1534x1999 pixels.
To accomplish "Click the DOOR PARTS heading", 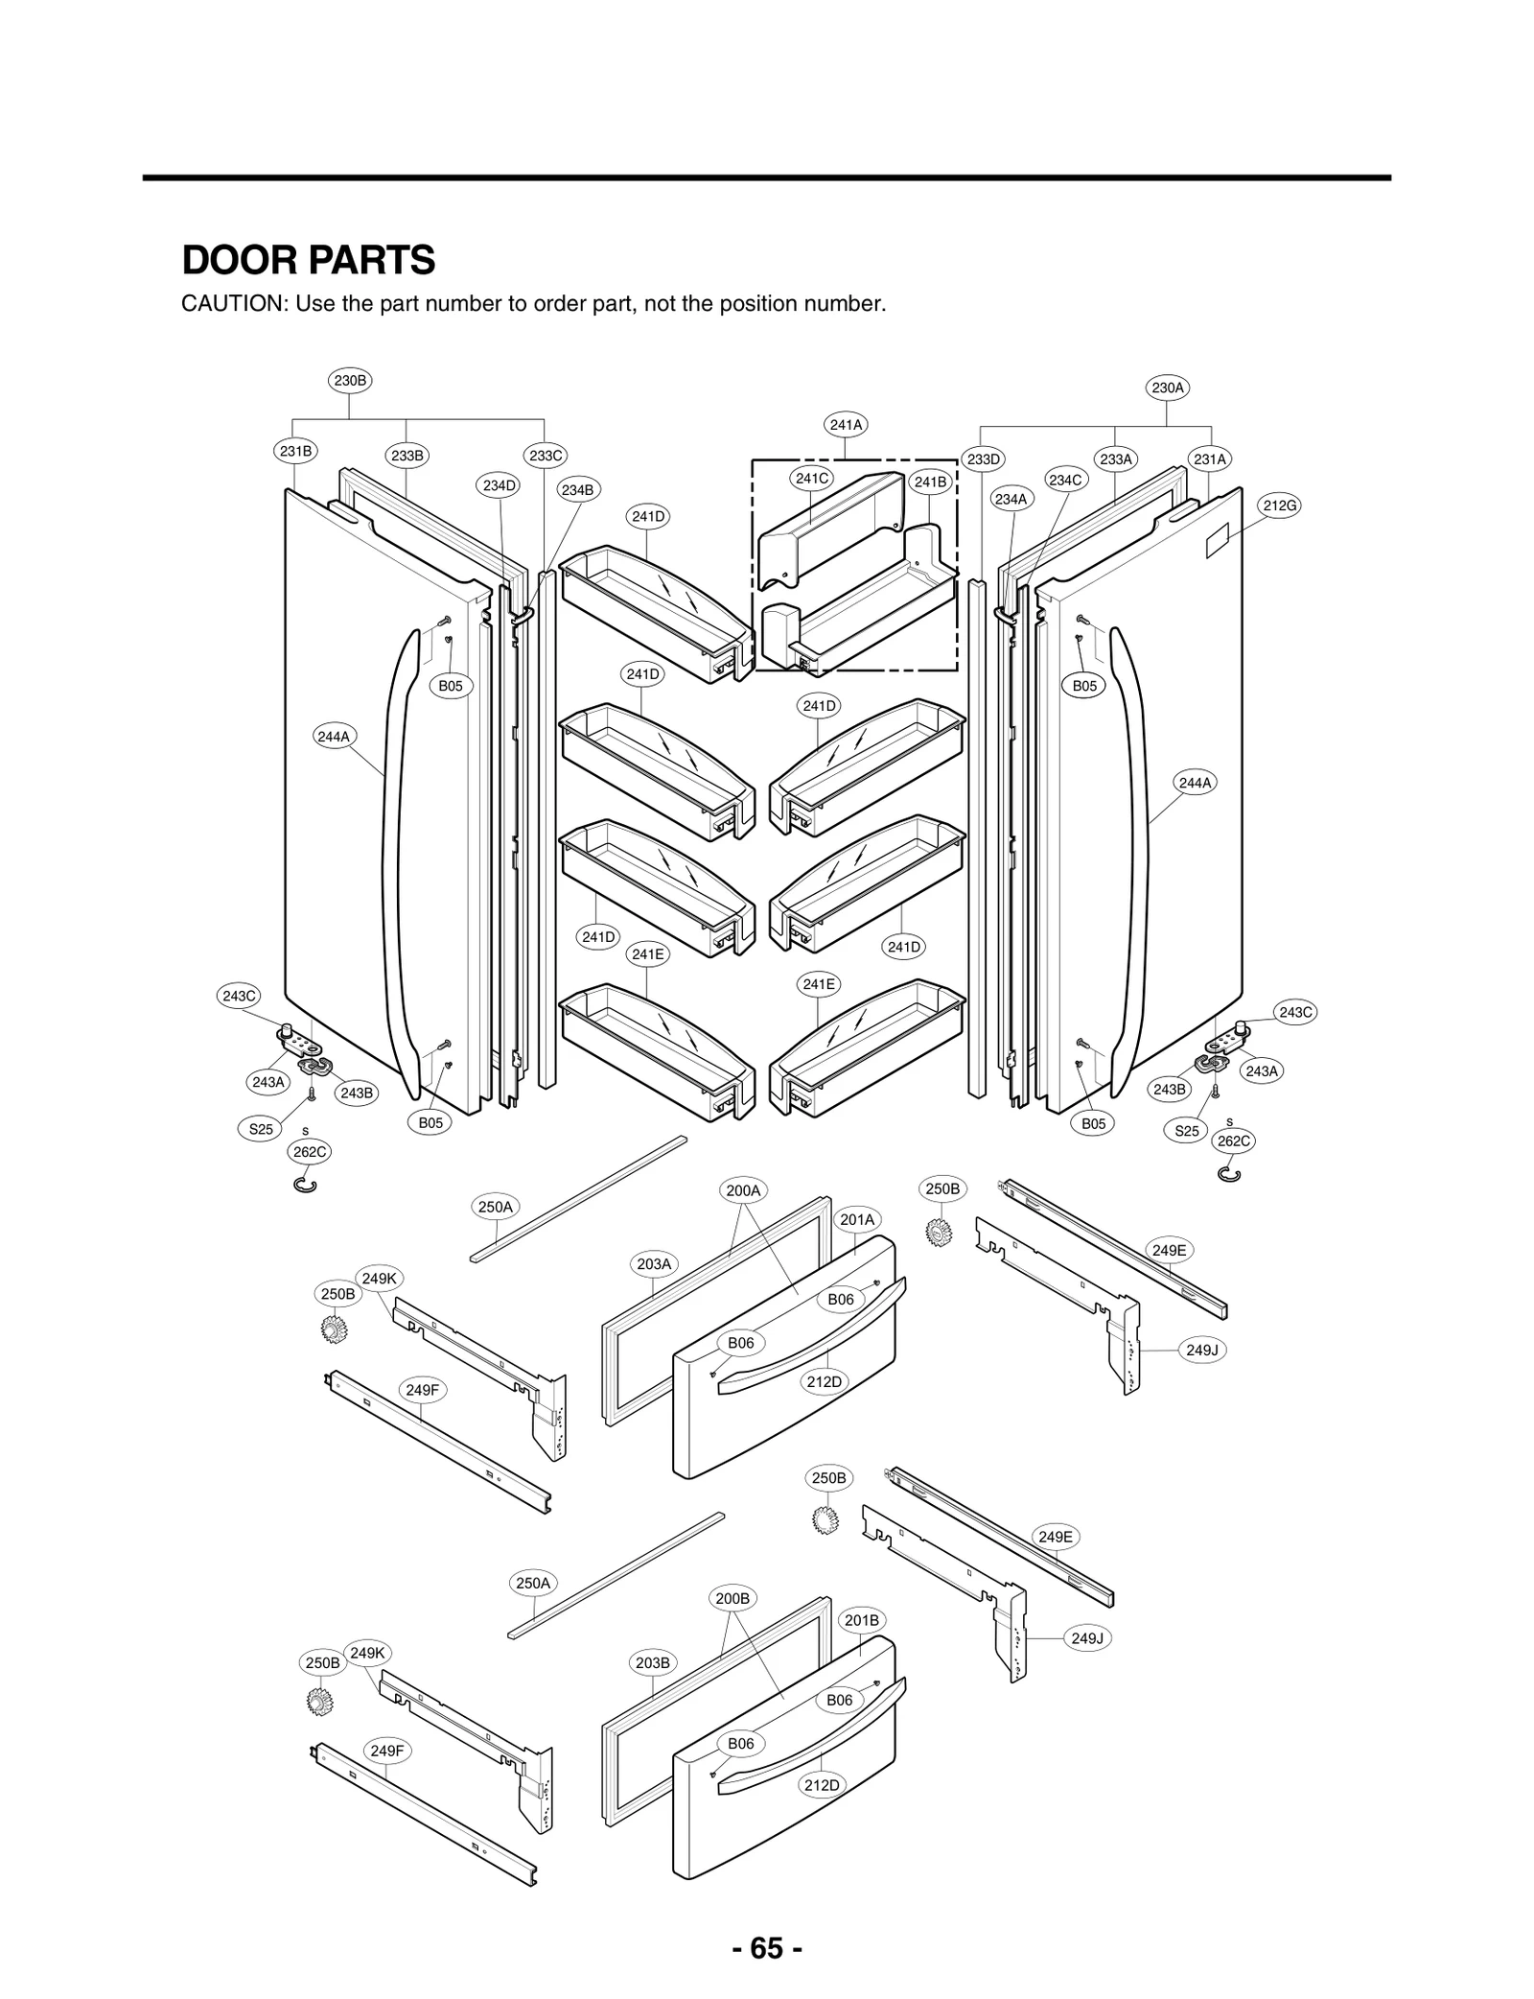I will click(x=308, y=260).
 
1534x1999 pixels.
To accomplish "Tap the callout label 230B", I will click(x=349, y=381).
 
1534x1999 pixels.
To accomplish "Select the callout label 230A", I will click(x=1167, y=388).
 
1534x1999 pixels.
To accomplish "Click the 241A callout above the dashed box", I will click(x=846, y=424).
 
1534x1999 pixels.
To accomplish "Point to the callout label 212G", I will click(x=1280, y=506).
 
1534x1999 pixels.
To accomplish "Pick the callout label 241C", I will click(x=811, y=478).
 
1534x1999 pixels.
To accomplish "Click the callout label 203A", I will click(x=654, y=1264).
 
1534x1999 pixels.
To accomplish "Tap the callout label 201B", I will click(x=861, y=1620).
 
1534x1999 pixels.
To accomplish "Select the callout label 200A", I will click(x=742, y=1190).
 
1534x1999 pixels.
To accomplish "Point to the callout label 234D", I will click(x=499, y=485).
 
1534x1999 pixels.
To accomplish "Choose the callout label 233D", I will click(x=983, y=459).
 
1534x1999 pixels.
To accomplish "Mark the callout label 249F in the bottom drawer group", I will click(x=387, y=1751).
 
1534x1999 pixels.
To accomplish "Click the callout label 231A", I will click(x=1209, y=459).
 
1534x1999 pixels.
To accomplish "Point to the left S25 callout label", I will click(x=261, y=1129).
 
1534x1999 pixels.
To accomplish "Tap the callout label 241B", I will click(x=929, y=482).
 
